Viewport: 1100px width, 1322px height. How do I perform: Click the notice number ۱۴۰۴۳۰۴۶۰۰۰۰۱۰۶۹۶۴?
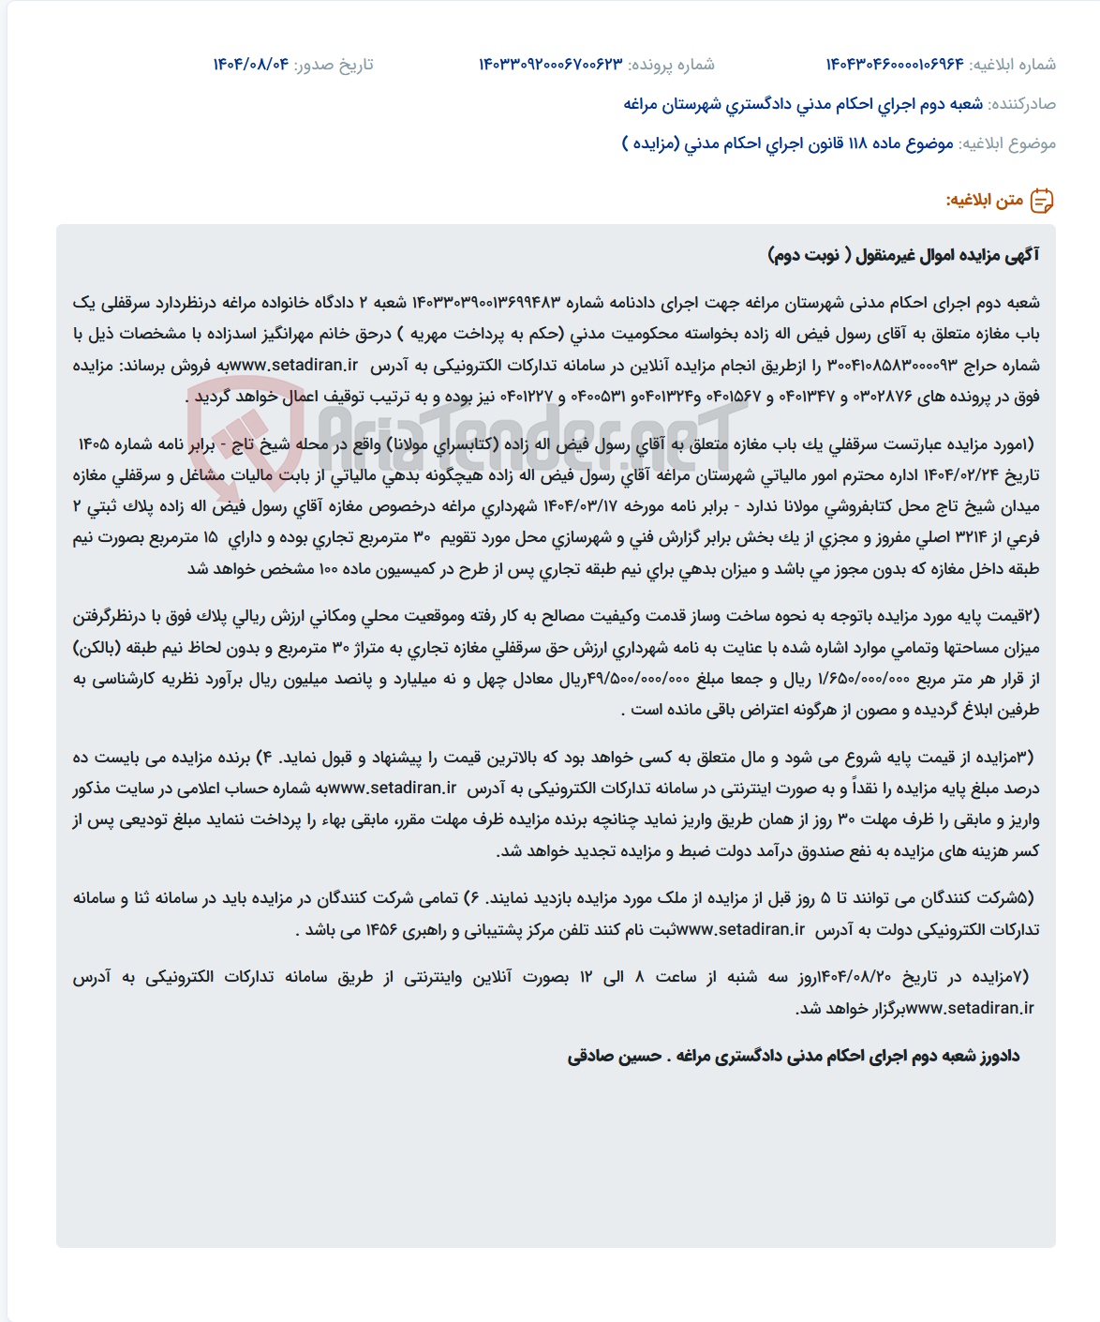[894, 65]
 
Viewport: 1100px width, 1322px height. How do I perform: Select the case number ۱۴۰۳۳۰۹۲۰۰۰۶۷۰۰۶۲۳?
[550, 65]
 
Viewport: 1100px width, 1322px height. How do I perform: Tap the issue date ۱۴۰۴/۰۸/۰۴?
[250, 65]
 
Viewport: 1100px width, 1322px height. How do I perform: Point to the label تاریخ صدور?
[334, 65]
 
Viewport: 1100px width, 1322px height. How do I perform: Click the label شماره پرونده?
[671, 65]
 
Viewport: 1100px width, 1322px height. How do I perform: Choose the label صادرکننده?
[1022, 104]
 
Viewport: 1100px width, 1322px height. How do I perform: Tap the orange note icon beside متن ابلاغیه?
[1042, 201]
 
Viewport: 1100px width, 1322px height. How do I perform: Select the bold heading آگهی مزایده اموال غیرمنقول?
[946, 255]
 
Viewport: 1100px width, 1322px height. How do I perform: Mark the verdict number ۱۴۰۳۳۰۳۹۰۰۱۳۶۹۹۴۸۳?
[486, 303]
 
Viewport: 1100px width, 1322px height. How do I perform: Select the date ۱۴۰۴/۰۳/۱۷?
[580, 507]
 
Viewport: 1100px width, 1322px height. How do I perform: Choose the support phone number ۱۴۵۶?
[381, 930]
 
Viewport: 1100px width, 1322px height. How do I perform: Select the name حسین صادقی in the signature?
[615, 1057]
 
